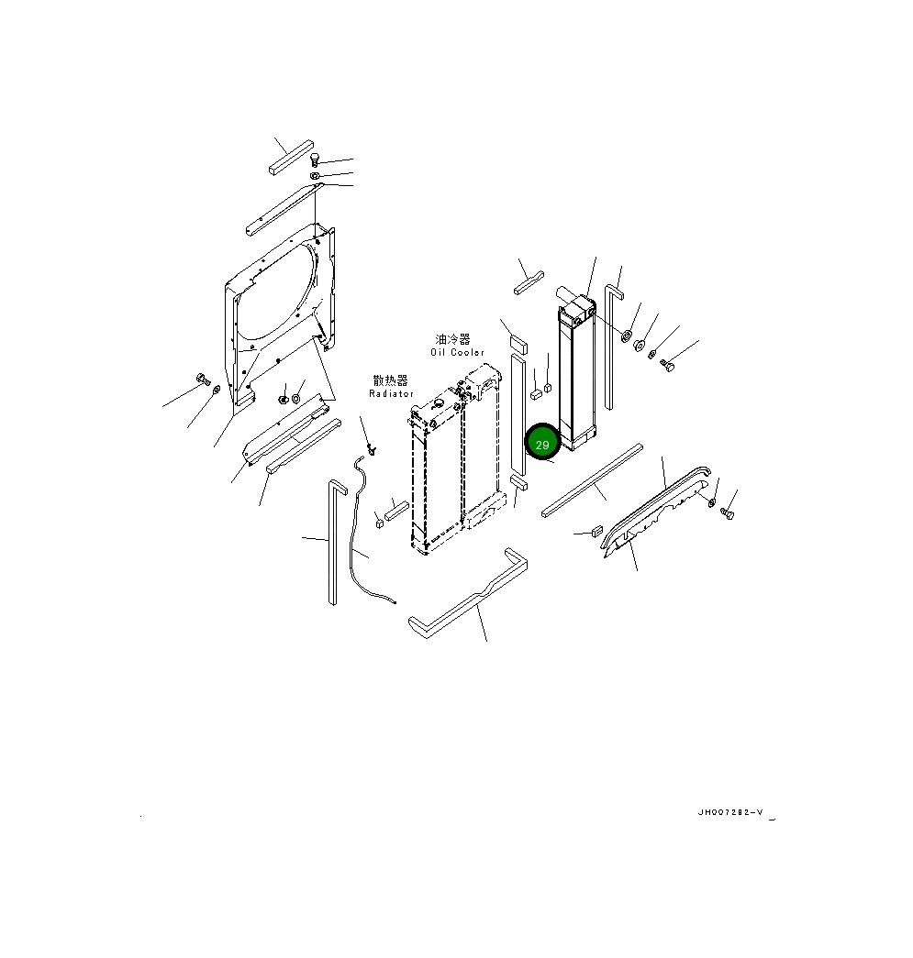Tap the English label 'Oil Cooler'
click(457, 353)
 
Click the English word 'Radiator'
click(392, 394)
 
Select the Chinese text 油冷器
click(453, 340)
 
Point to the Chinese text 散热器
click(390, 380)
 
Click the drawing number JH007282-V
click(730, 812)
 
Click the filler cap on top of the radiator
click(438, 403)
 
